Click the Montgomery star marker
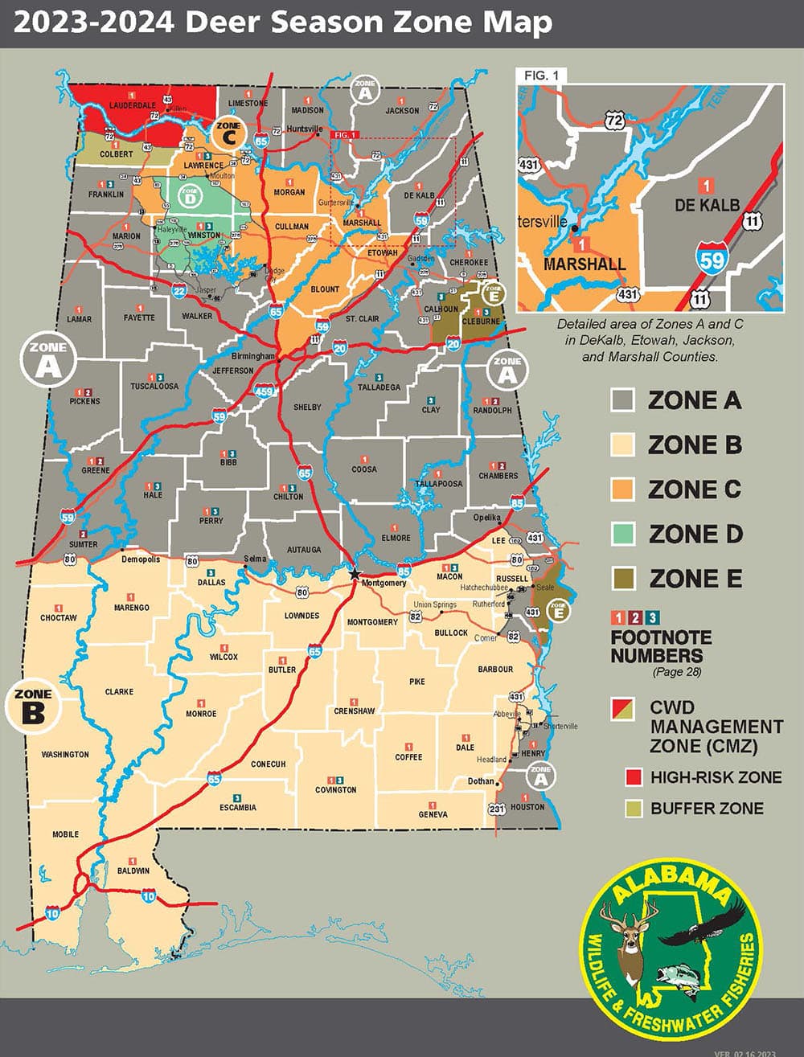click(x=355, y=573)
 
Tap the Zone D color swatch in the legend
click(x=623, y=534)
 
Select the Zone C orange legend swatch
click(x=623, y=490)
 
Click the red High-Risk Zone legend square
click(x=634, y=777)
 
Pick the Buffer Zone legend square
click(x=634, y=809)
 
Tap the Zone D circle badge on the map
click(x=190, y=195)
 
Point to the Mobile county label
click(x=66, y=834)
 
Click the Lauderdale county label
click(x=133, y=105)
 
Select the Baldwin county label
click(x=133, y=871)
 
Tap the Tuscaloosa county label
click(x=154, y=387)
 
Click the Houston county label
click(x=527, y=807)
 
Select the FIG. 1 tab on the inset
click(x=541, y=76)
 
